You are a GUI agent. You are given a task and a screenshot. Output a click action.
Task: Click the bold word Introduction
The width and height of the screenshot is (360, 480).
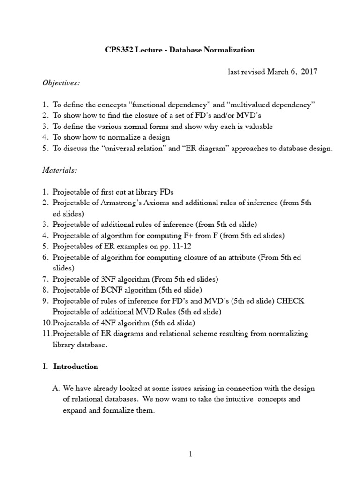coord(76,367)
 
